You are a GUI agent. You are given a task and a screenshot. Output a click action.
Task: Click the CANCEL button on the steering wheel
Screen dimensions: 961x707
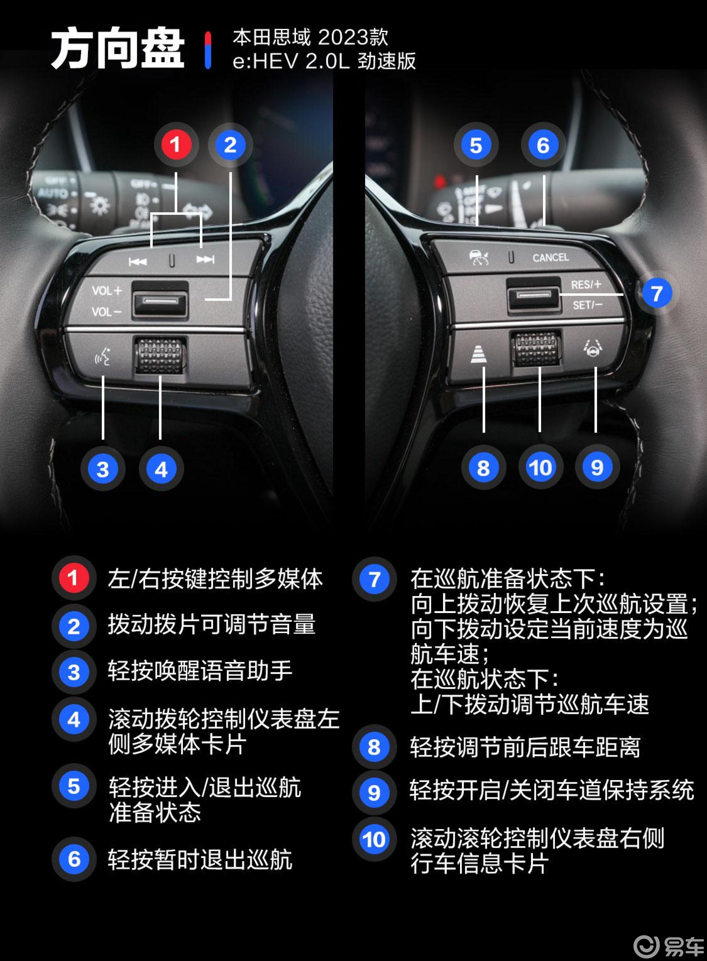(x=550, y=257)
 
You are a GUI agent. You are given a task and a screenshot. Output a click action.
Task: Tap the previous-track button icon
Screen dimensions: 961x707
(x=138, y=261)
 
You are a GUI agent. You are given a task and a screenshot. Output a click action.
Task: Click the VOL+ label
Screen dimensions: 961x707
(x=107, y=291)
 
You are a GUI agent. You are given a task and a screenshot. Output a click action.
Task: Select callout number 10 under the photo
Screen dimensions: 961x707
(x=540, y=468)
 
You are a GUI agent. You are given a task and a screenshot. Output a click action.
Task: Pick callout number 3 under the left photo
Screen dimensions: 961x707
(x=103, y=469)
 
